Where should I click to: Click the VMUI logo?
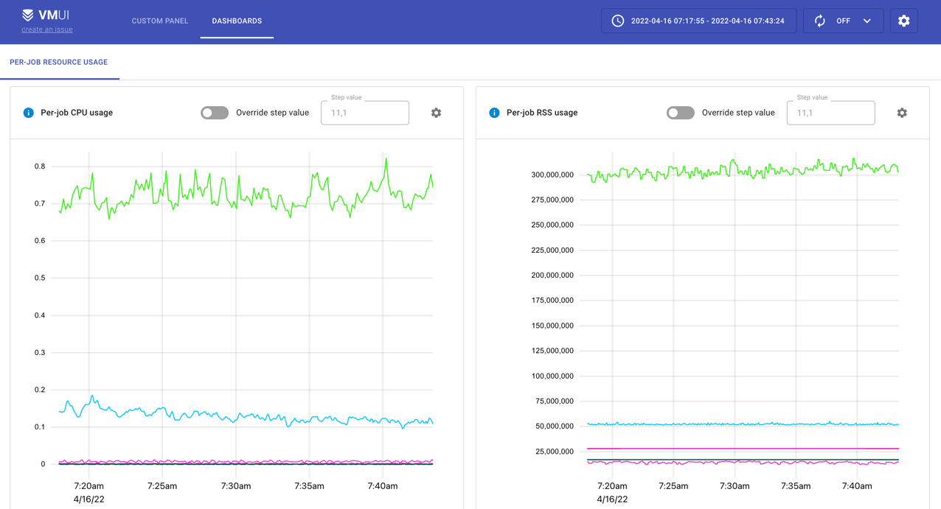point(46,15)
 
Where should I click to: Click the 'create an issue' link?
point(47,29)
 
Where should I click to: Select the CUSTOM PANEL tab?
point(159,21)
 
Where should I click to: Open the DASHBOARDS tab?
point(237,21)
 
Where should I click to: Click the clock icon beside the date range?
point(617,21)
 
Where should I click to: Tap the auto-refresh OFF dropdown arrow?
point(867,21)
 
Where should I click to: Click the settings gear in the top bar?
point(903,21)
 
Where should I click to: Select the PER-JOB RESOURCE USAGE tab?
point(59,62)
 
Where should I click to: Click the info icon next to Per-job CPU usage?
point(28,113)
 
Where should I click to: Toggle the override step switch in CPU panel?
point(215,113)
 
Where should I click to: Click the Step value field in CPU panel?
point(364,113)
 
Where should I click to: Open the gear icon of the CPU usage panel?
point(436,113)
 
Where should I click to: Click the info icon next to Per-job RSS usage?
point(494,113)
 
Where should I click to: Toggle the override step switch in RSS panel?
point(680,113)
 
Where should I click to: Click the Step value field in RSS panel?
point(830,113)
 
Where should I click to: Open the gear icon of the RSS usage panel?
point(902,113)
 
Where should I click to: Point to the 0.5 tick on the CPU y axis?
point(40,278)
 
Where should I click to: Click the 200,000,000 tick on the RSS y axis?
point(552,275)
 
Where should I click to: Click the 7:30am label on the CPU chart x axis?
point(236,486)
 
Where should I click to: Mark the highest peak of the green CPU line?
point(386,158)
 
